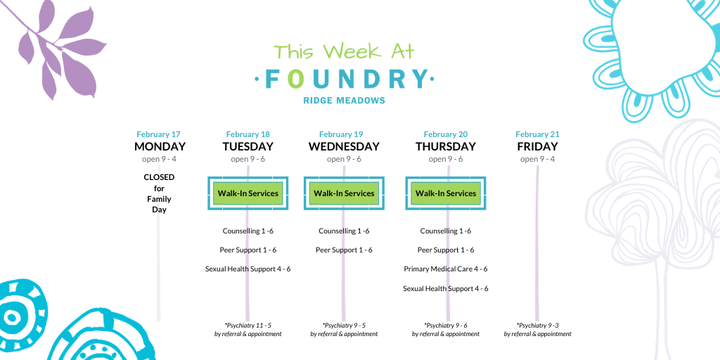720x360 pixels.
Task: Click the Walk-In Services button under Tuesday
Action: point(248,193)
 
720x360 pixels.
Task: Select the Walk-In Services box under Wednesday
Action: point(344,193)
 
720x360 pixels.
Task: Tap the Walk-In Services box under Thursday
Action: point(445,193)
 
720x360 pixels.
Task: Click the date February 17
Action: point(158,134)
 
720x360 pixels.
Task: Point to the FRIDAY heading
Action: point(537,146)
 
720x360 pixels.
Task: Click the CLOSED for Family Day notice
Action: point(159,193)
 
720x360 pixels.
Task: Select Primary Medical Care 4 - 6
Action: point(445,269)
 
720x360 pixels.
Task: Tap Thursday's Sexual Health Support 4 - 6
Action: point(445,289)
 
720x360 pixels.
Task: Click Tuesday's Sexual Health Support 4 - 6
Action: point(248,269)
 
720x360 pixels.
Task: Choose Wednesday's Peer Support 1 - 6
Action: point(344,250)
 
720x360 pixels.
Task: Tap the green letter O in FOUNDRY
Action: point(296,79)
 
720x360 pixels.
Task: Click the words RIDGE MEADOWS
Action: point(344,101)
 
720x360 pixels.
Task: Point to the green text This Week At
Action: point(344,51)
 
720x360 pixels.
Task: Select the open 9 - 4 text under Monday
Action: point(158,160)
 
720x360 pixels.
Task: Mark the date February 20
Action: point(445,134)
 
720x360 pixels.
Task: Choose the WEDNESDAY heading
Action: point(344,146)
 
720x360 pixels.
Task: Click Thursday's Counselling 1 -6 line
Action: point(445,231)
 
